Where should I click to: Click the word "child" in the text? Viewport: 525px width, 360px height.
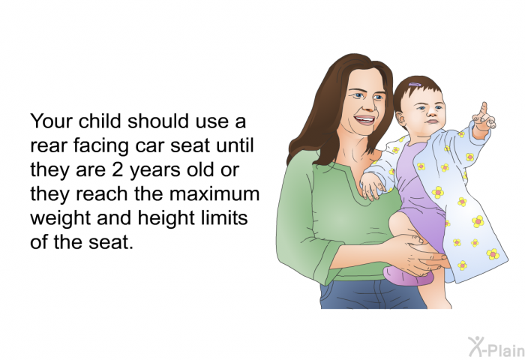pos(100,121)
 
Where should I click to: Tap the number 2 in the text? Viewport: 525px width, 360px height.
pos(117,169)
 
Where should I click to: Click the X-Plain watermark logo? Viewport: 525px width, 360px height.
pos(496,346)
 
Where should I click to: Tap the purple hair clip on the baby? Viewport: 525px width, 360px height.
pos(415,85)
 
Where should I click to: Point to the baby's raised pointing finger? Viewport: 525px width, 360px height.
pos(484,109)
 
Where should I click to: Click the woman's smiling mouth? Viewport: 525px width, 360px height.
pos(365,120)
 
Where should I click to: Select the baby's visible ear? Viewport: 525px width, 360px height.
pos(401,119)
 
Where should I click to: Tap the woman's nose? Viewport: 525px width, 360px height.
pos(370,104)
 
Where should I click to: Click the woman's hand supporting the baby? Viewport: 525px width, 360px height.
pos(419,254)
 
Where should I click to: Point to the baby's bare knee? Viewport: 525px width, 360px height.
pos(397,222)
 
